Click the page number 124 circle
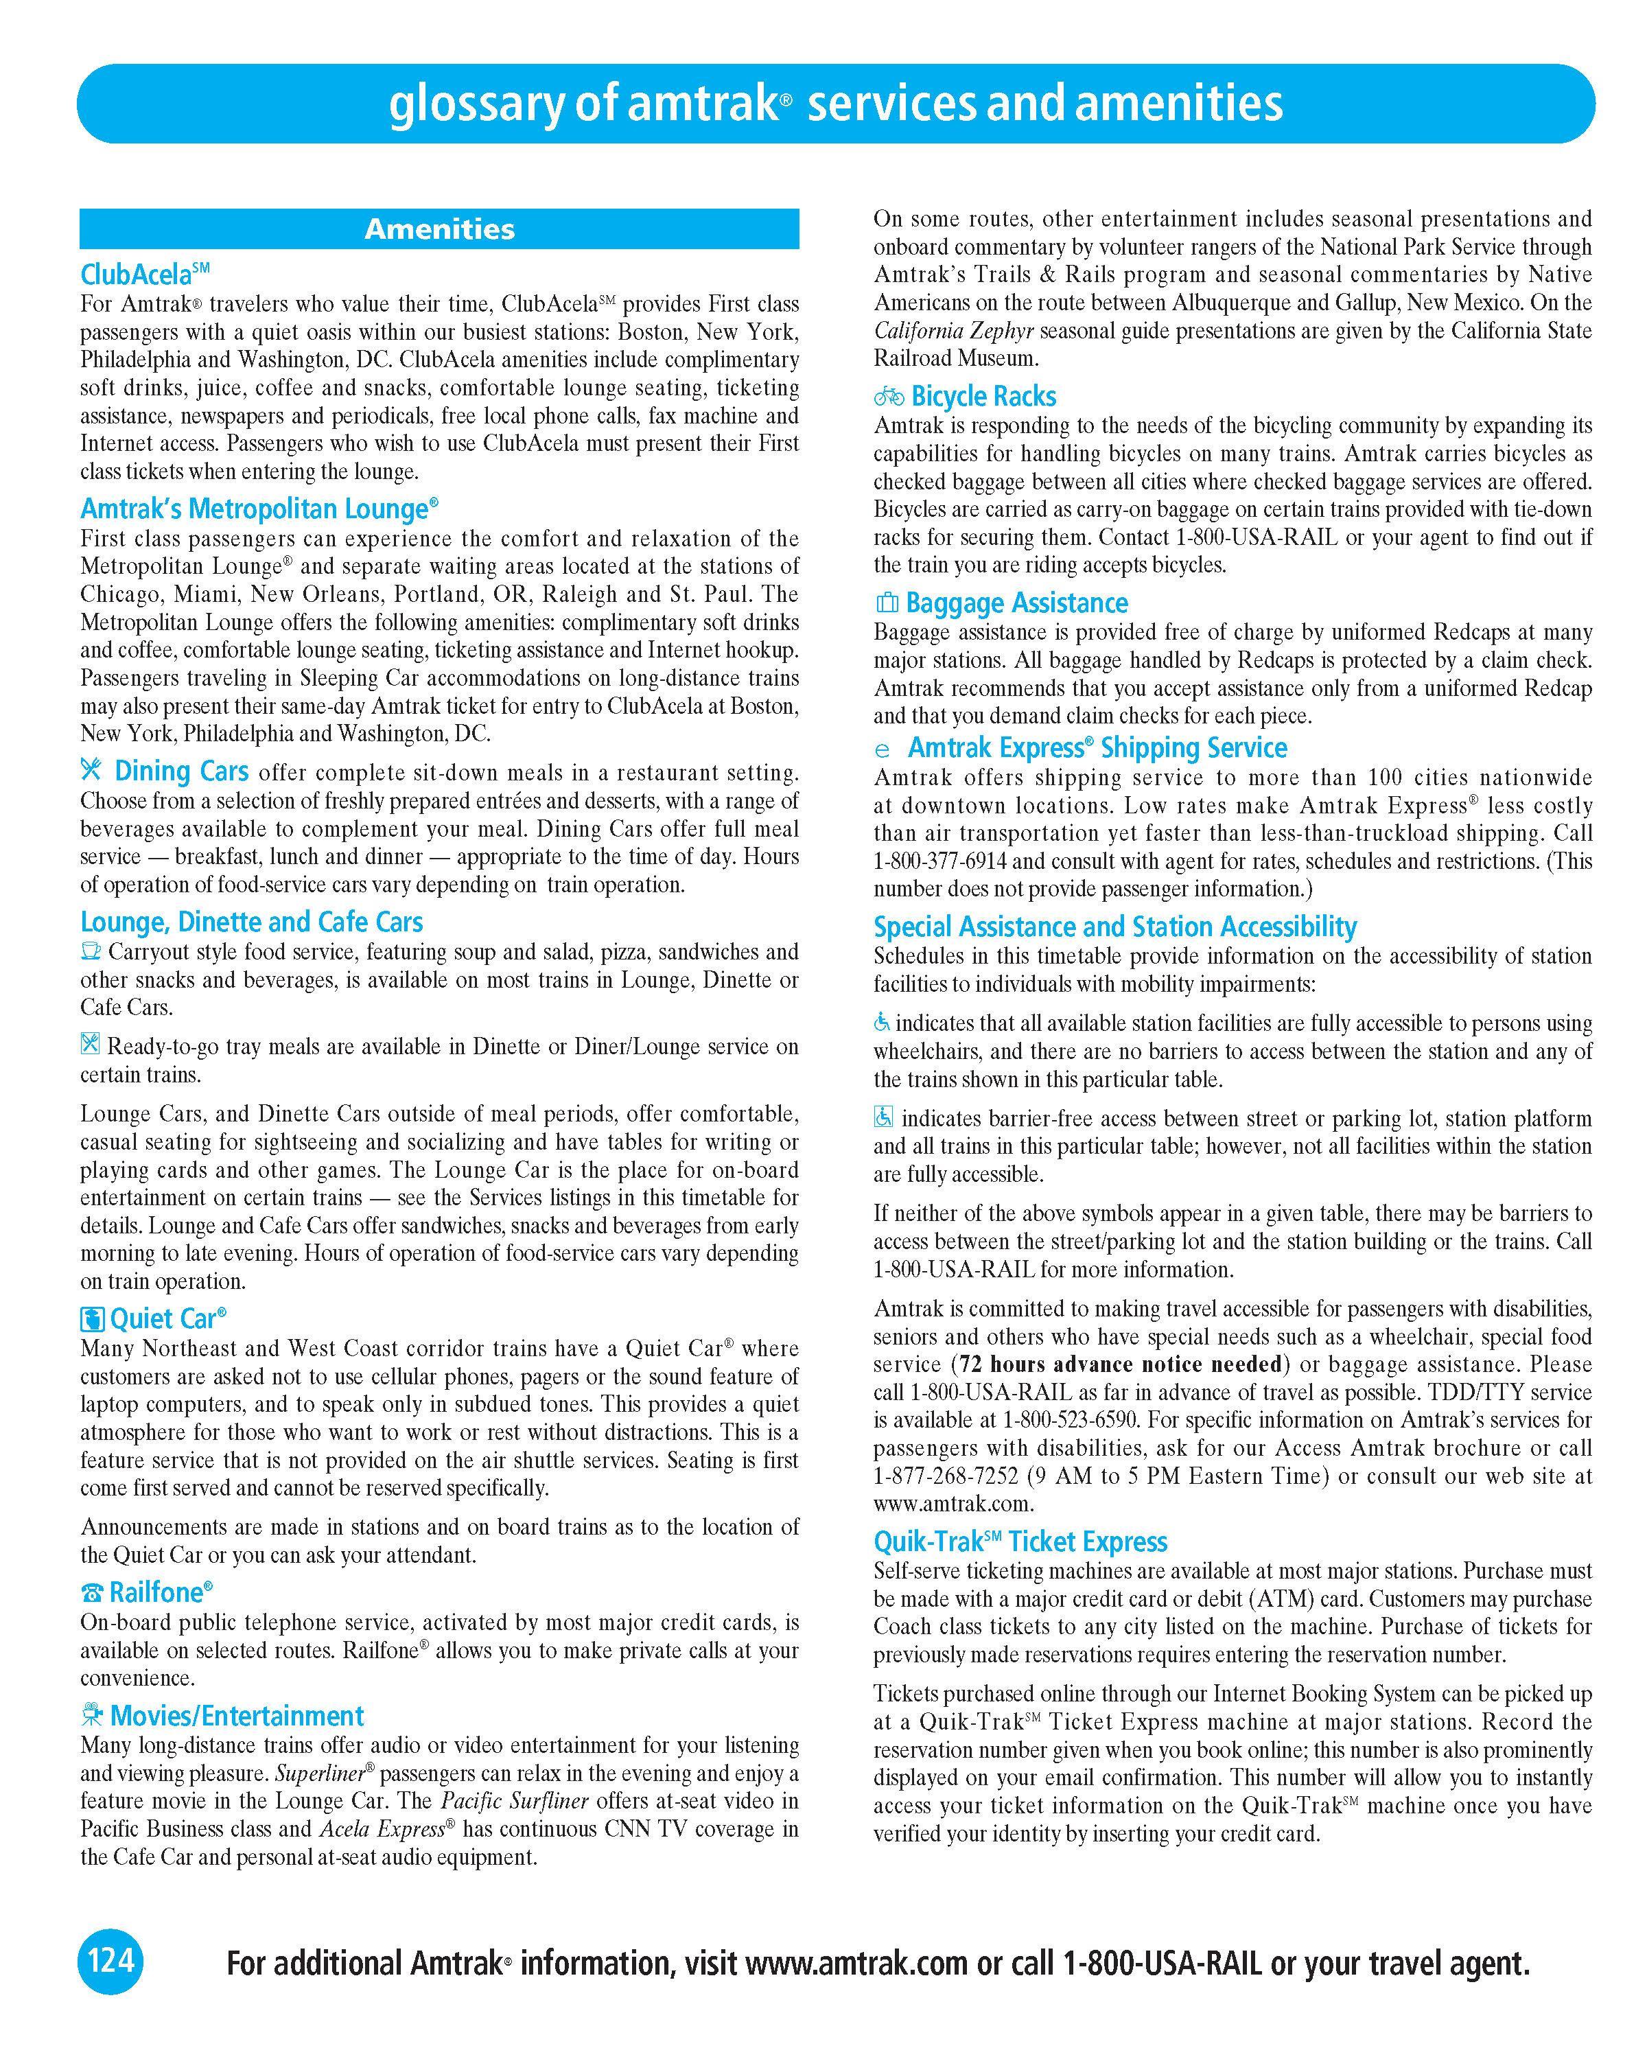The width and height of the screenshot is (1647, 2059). click(x=110, y=1962)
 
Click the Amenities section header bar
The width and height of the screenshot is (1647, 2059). click(x=439, y=229)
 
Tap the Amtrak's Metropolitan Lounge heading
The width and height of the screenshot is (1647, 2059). click(x=259, y=509)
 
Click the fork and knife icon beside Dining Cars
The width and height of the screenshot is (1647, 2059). click(x=92, y=770)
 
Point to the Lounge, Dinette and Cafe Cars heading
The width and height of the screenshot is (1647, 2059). click(x=251, y=922)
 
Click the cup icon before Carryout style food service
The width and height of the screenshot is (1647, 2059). click(x=91, y=951)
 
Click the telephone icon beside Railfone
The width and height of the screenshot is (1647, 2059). click(x=92, y=1593)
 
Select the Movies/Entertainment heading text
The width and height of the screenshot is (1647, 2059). click(x=237, y=1716)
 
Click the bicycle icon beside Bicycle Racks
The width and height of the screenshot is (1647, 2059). click(x=889, y=396)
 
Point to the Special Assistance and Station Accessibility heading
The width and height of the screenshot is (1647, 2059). click(x=1114, y=927)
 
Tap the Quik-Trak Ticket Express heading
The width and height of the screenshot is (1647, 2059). click(x=1020, y=1542)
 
